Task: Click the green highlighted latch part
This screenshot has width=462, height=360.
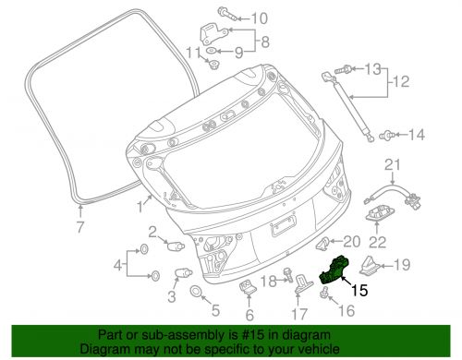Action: coord(334,270)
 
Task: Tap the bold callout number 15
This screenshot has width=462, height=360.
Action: coord(359,291)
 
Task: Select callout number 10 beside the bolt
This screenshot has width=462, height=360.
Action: coord(260,18)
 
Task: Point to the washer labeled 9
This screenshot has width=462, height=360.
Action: coord(212,51)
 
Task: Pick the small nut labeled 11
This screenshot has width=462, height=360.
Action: coord(213,65)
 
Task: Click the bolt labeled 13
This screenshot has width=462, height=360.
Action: coord(343,69)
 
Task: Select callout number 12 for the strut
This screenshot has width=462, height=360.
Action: coord(401,81)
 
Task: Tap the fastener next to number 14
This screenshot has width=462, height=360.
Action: coord(387,135)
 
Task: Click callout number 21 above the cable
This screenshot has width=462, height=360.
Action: coord(393,164)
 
